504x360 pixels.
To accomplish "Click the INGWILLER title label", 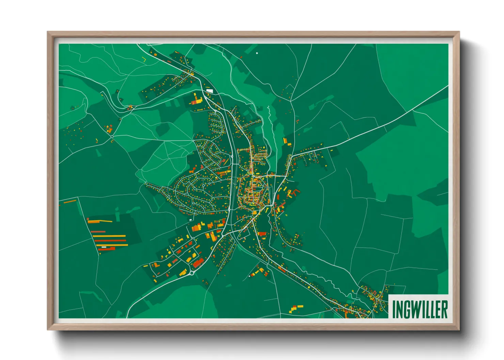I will [x=420, y=309].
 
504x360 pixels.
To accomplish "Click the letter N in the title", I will [x=399, y=309].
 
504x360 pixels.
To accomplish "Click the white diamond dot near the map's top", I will [x=257, y=53].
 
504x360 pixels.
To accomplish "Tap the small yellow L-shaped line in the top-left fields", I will [x=144, y=59].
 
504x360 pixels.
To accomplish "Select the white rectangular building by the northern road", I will [x=210, y=91].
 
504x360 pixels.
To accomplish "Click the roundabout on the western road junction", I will [x=112, y=137].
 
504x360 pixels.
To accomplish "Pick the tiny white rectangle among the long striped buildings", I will [x=104, y=247].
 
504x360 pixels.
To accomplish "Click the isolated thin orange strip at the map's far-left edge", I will [x=70, y=201].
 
